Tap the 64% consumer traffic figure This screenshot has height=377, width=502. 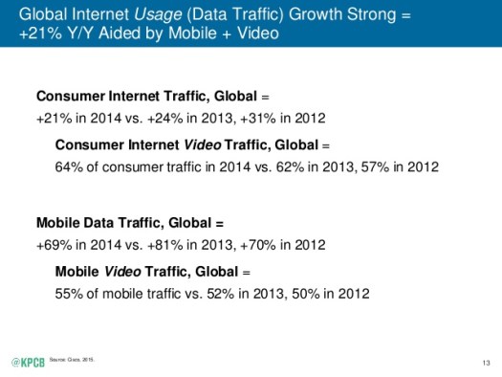pyautogui.click(x=70, y=166)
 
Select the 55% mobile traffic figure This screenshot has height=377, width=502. pyautogui.click(x=70, y=293)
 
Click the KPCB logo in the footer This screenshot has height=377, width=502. pyautogui.click(x=26, y=362)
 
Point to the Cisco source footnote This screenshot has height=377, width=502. pyautogui.click(x=78, y=359)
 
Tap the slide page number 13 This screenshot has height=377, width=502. pyautogui.click(x=486, y=363)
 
